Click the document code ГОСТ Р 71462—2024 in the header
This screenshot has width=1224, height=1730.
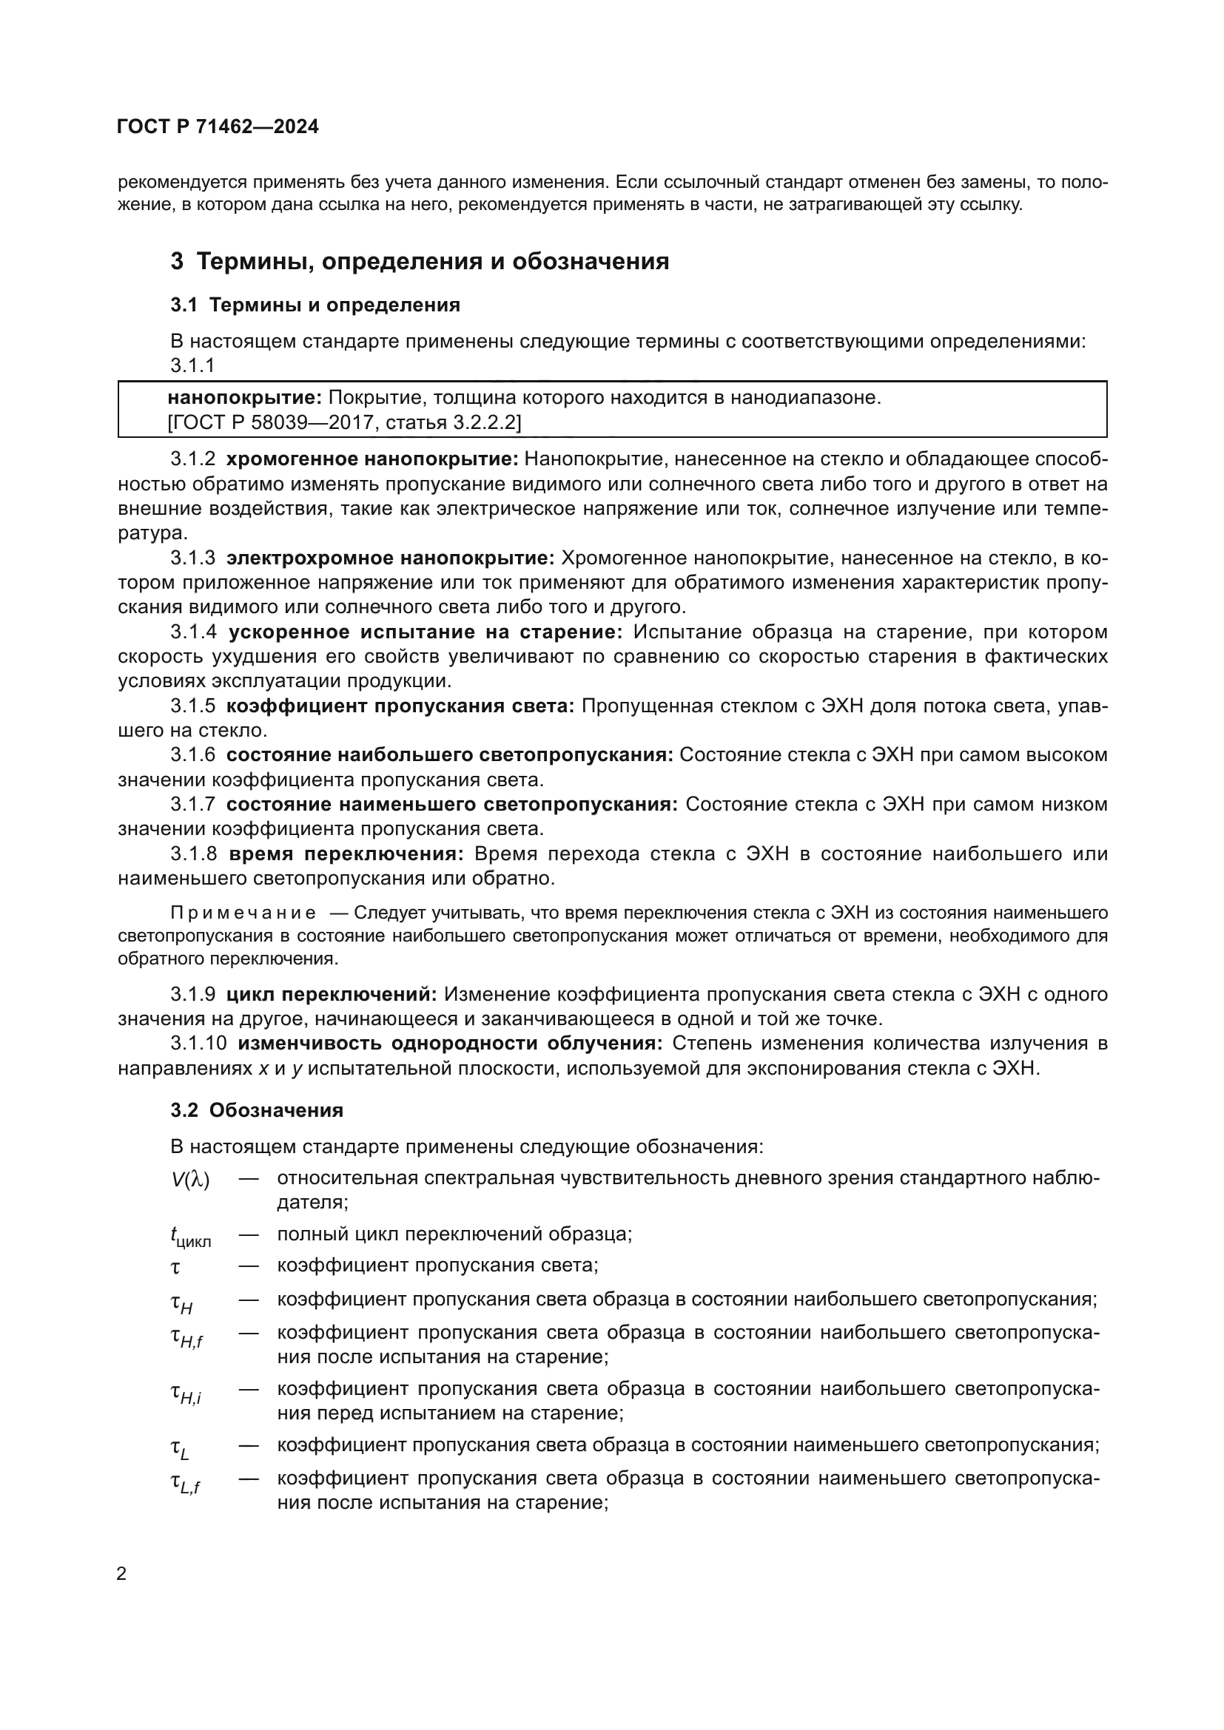point(218,126)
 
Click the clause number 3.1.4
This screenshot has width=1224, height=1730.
point(193,632)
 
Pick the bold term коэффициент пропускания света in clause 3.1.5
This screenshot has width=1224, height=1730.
point(400,706)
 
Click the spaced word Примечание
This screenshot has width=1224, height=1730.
point(243,913)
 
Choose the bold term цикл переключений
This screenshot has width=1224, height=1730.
point(332,994)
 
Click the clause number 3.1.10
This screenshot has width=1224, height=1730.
point(198,1044)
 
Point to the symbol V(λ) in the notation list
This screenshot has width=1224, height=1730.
point(190,1180)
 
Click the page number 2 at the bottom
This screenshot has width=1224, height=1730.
point(122,1573)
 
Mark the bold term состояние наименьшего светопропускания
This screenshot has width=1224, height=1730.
point(451,804)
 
